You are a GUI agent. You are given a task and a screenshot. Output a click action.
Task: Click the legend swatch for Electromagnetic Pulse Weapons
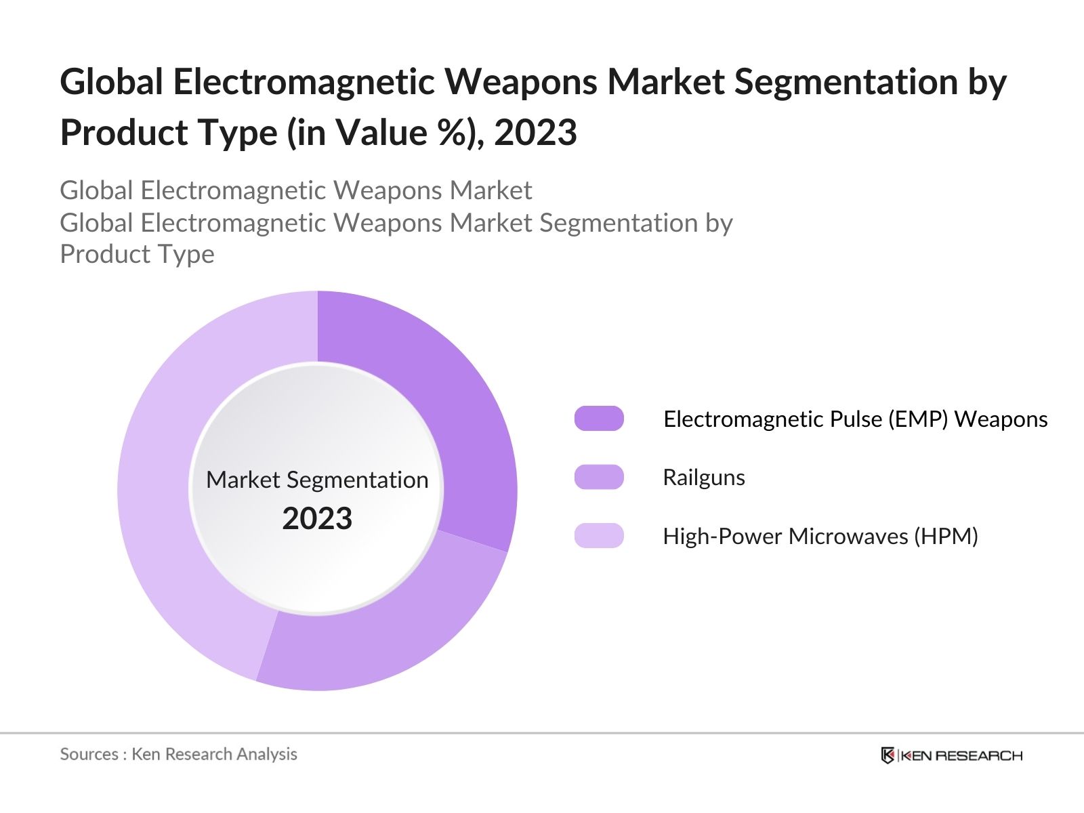coord(599,419)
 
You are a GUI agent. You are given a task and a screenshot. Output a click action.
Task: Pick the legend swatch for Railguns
coord(599,477)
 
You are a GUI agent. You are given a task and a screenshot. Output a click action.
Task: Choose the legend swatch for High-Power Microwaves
coord(599,536)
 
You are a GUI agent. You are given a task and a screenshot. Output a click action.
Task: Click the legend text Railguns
coord(703,478)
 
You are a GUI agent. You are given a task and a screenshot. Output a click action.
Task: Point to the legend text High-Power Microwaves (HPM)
coord(820,537)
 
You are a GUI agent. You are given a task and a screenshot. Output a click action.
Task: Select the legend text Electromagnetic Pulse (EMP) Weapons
coord(855,419)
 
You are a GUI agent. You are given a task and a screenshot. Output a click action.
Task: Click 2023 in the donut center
coord(317,518)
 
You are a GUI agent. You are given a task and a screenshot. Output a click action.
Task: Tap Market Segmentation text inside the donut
coord(317,480)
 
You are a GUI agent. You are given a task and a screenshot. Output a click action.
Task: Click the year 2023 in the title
coord(535,132)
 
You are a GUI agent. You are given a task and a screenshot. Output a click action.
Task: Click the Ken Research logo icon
coord(887,755)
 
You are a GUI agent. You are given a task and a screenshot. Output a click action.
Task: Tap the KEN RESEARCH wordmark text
coord(961,755)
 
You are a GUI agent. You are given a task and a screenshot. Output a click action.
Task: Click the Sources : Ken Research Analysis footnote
coord(178,754)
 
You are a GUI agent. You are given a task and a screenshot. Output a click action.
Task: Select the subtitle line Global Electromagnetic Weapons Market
coord(295,190)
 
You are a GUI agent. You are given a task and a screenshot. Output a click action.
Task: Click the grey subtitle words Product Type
coord(137,254)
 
